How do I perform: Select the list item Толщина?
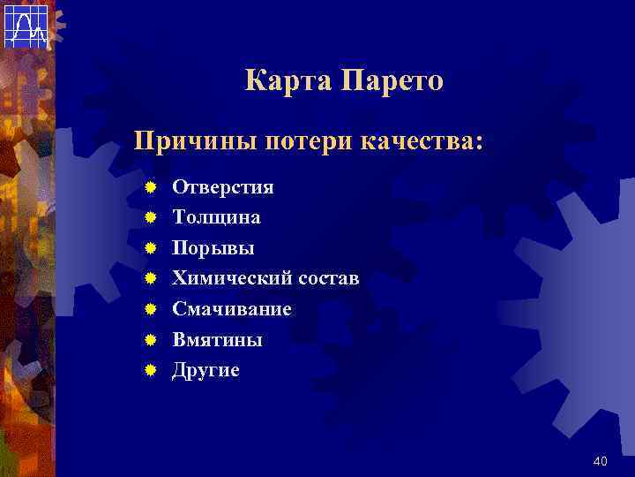(x=216, y=217)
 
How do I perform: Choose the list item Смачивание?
(x=231, y=309)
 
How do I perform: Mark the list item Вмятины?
(x=217, y=340)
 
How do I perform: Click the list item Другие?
(x=205, y=370)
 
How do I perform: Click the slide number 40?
(x=601, y=461)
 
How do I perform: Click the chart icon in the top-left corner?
(x=26, y=25)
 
